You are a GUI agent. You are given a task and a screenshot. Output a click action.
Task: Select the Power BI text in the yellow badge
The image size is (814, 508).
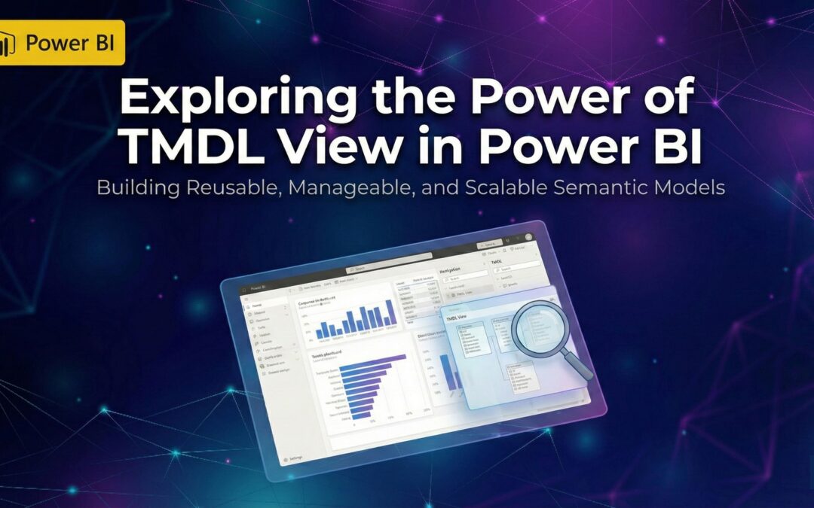tap(69, 42)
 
